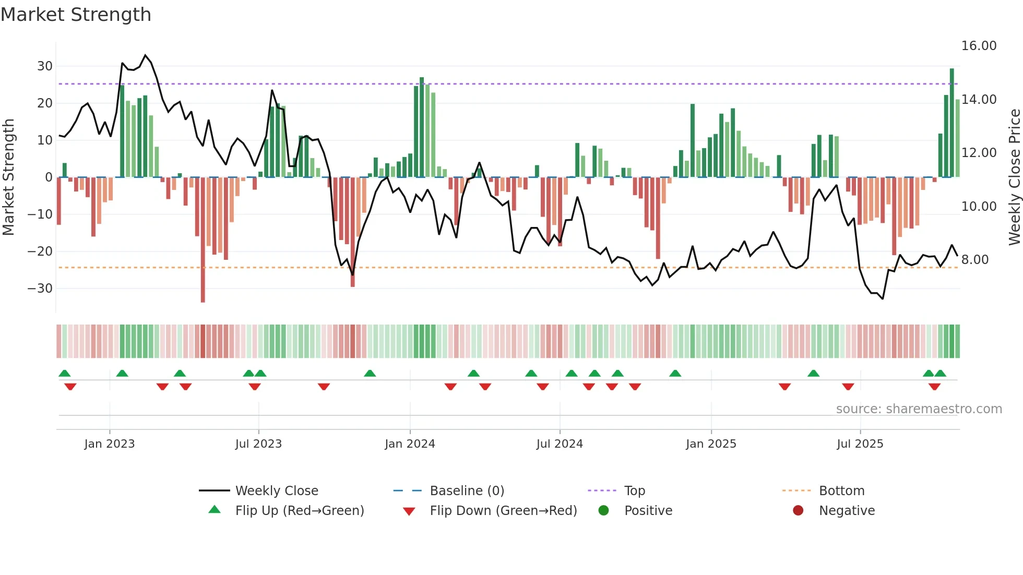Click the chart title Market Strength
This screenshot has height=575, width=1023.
coord(76,15)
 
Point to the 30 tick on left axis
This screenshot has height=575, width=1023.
coord(45,66)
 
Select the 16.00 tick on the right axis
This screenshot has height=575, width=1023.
coord(979,46)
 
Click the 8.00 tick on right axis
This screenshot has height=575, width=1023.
coord(974,260)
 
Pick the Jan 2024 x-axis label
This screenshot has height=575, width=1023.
coord(410,444)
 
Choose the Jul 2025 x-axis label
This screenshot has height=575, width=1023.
coord(860,444)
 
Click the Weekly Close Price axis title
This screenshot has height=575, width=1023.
coord(1014,177)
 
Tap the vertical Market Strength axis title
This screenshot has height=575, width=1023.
coord(9,177)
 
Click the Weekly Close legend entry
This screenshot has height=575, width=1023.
coord(276,491)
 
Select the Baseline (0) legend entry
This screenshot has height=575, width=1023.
coord(467,491)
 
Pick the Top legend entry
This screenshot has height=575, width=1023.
coord(634,491)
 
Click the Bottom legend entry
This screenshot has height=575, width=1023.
coord(841,491)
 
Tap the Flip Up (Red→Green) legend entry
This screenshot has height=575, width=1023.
coord(299,511)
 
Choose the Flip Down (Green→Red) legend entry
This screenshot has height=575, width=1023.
coord(503,511)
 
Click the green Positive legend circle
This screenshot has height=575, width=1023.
coord(604,510)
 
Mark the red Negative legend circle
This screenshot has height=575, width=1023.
coord(798,510)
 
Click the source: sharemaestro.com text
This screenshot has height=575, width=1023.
coord(919,409)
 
